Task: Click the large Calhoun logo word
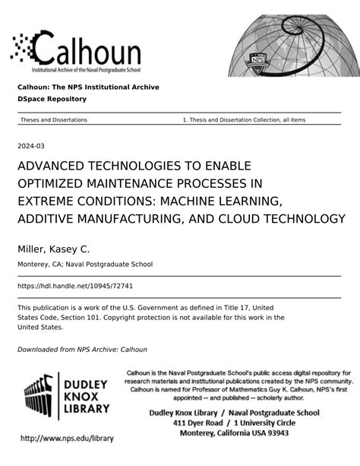pos(87,52)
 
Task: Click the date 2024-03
pos(30,145)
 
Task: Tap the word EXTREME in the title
pos(48,201)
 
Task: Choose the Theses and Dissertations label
pos(54,120)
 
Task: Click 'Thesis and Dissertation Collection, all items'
pos(245,120)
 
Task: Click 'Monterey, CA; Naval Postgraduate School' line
pos(85,265)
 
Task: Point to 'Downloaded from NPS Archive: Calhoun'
pos(82,350)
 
